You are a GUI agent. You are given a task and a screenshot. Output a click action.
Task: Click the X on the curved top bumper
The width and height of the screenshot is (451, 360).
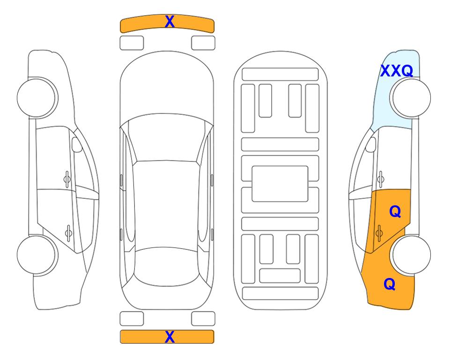[170, 22]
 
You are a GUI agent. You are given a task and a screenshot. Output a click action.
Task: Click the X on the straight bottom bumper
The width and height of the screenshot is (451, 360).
[170, 337]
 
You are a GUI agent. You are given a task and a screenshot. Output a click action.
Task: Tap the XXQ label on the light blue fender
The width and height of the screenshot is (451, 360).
[397, 71]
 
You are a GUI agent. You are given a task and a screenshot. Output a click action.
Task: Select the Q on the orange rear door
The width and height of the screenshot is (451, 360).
[395, 212]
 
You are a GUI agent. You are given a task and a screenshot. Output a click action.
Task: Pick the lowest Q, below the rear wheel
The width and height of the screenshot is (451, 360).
[390, 284]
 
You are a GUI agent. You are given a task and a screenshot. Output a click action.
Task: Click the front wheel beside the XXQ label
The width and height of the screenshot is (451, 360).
[410, 98]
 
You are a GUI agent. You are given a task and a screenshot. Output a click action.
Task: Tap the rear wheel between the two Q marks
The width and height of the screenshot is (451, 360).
[411, 255]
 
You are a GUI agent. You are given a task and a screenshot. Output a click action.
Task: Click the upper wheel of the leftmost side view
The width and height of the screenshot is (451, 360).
[37, 98]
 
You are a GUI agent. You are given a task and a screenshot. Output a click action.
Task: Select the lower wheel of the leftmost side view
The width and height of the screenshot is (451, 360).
[37, 255]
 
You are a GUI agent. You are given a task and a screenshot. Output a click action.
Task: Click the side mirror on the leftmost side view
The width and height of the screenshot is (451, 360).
[77, 144]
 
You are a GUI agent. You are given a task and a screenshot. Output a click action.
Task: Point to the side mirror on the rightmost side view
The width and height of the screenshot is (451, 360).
[371, 144]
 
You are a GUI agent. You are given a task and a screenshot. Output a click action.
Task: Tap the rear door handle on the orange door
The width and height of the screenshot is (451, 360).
[379, 233]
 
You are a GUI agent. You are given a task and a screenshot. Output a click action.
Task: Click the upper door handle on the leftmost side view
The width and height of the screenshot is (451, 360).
[67, 180]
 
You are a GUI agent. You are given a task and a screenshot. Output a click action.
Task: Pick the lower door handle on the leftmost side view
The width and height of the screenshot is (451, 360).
[68, 233]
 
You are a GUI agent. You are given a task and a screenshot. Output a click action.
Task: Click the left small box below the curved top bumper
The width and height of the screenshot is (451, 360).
[132, 43]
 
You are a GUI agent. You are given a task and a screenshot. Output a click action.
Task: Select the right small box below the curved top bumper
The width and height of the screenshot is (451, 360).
[203, 43]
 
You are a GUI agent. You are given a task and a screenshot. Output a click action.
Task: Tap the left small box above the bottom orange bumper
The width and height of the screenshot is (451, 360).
[132, 319]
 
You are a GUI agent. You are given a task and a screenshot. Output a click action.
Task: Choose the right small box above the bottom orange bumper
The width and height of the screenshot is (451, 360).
[203, 319]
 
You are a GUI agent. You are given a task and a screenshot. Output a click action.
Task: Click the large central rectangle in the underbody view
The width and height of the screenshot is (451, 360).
[280, 184]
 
